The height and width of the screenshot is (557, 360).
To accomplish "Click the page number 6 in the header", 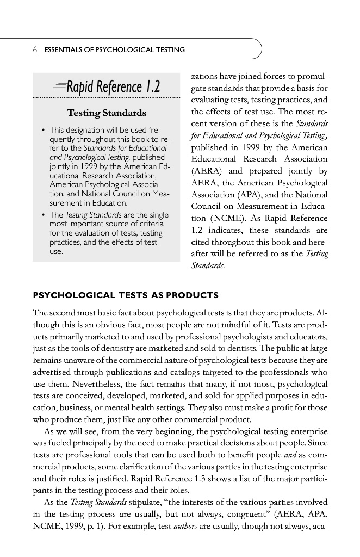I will point(35,50).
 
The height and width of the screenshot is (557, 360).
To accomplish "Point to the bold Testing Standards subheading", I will point(106,113).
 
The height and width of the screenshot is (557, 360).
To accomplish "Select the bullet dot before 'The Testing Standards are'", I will point(43,215).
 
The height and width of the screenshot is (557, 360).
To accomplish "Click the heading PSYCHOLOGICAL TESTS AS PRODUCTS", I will point(126,296).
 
